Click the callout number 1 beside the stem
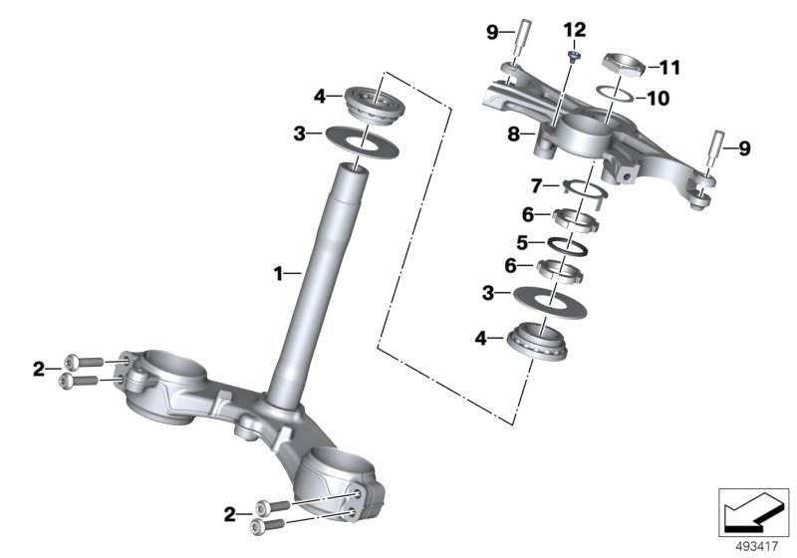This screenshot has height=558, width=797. point(280,271)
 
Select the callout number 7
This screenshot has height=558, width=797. point(536,185)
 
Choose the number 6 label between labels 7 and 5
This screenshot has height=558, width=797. point(528,213)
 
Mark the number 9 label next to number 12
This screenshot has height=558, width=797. point(492,33)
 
